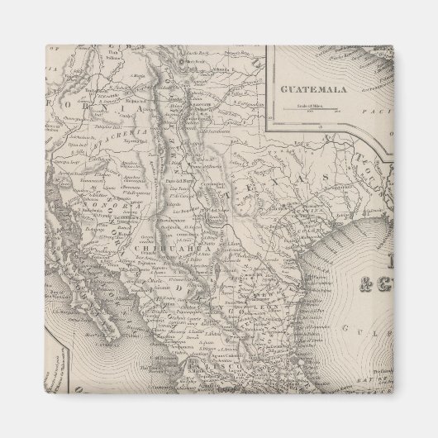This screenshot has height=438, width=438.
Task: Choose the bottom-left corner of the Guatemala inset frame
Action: [x=275, y=130]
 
